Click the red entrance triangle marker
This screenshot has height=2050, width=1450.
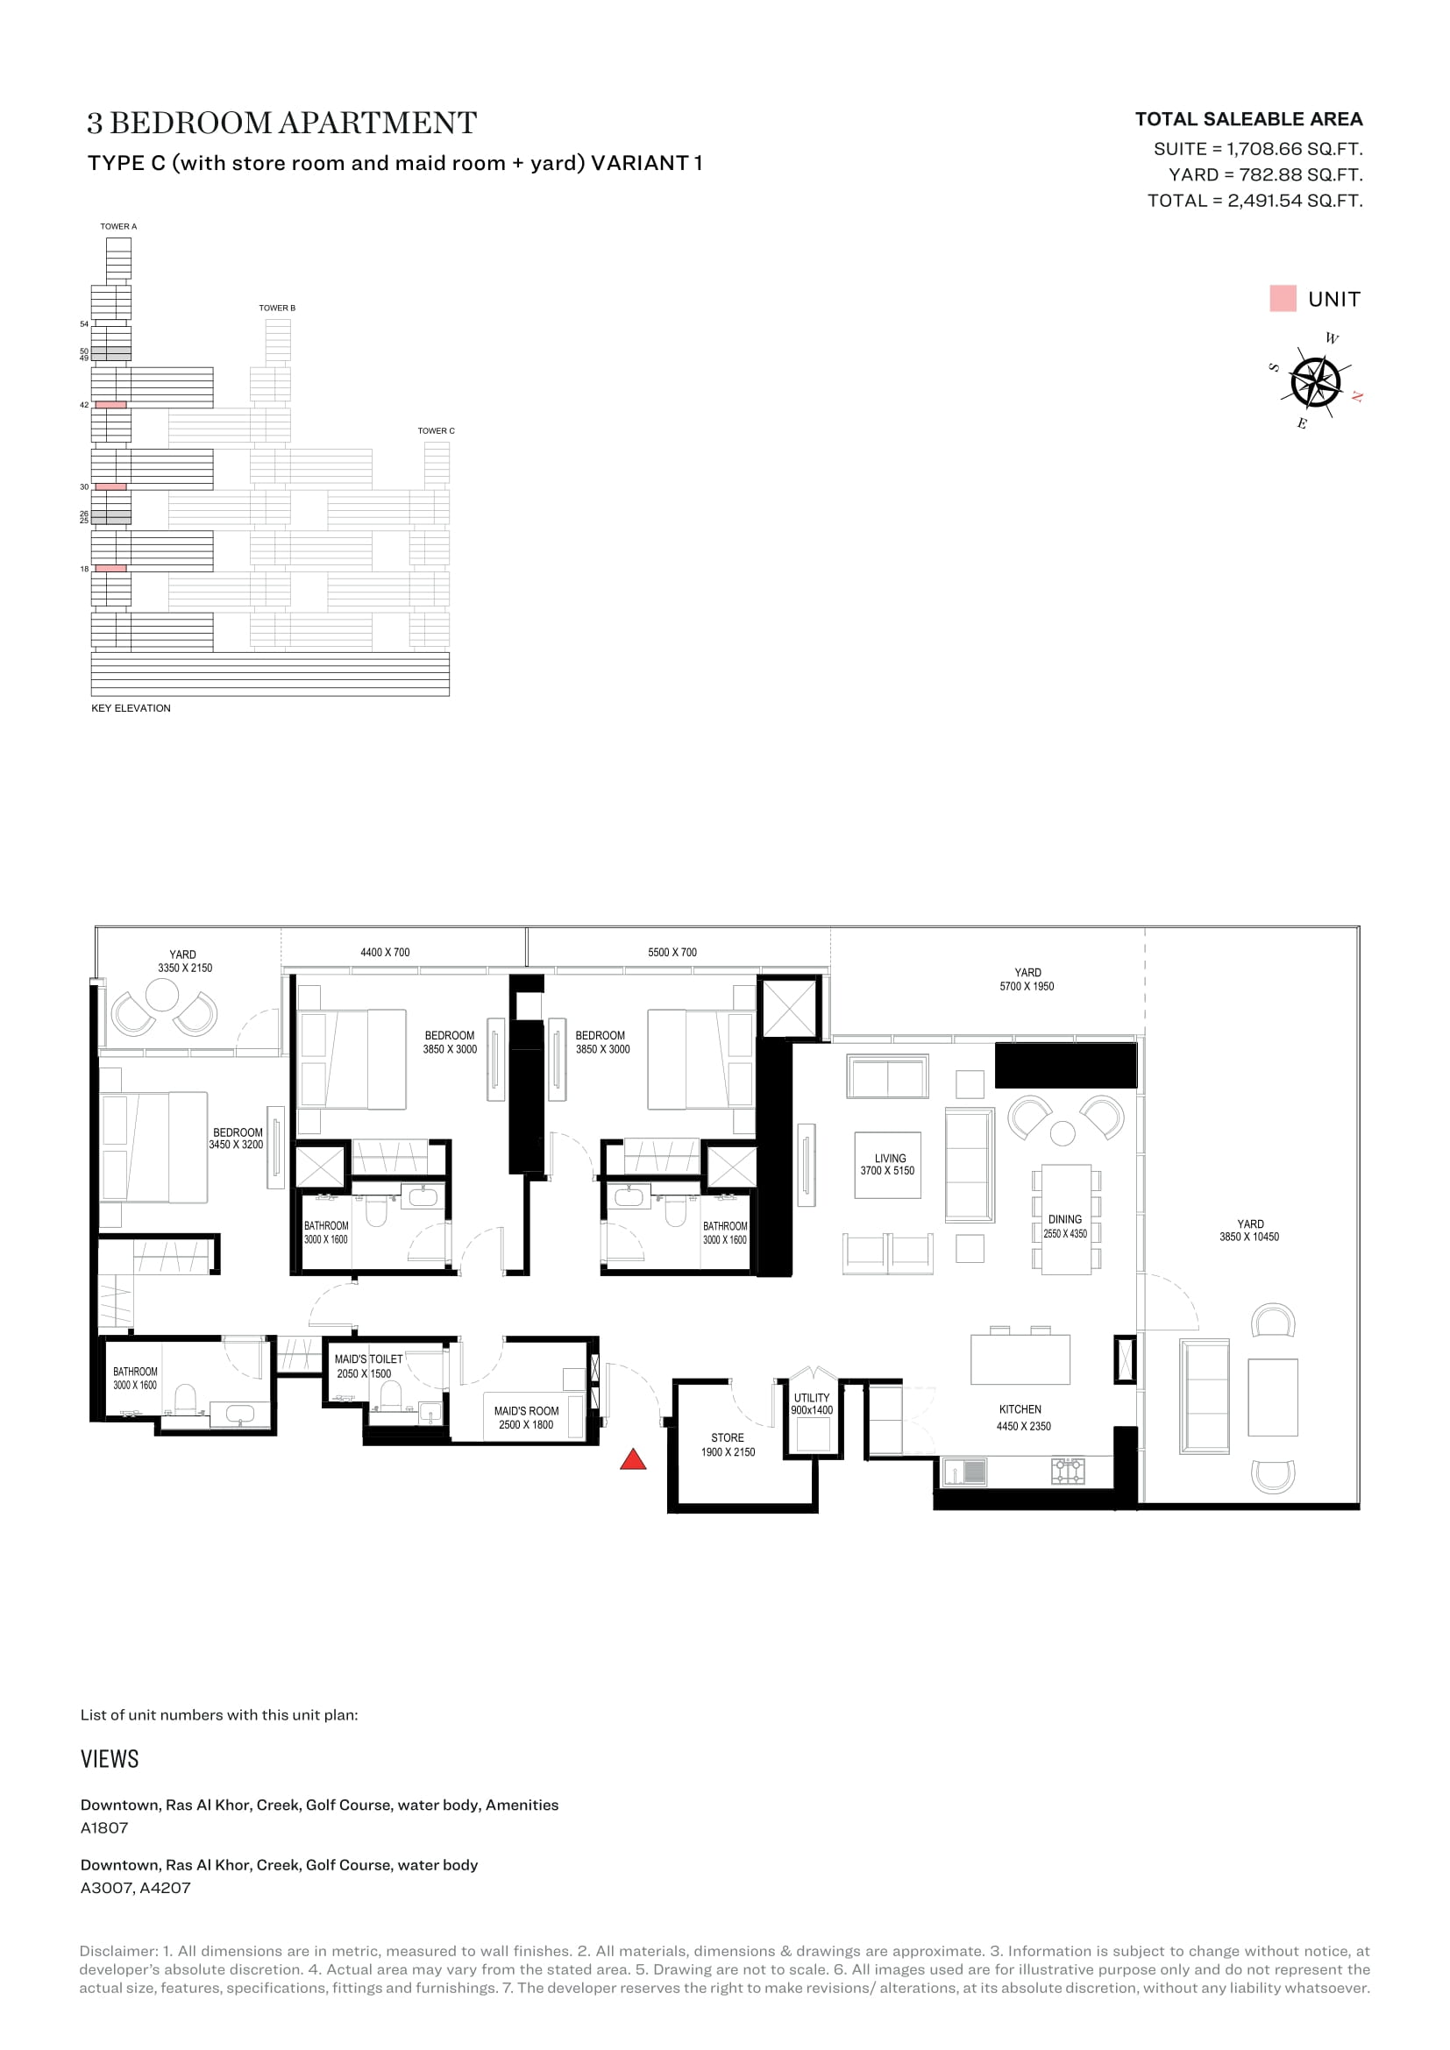(633, 1459)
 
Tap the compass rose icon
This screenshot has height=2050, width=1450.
(1316, 382)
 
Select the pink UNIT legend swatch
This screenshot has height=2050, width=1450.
(1283, 298)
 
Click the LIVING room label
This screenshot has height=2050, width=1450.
(890, 1158)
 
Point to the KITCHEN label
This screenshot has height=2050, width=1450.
(1020, 1409)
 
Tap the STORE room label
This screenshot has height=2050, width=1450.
(728, 1437)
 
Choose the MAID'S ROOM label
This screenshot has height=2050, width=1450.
(527, 1411)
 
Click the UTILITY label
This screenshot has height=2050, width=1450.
(812, 1397)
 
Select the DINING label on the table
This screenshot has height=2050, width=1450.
(1065, 1219)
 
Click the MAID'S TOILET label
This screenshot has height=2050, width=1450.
(369, 1359)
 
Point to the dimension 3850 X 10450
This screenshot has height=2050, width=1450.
(1249, 1237)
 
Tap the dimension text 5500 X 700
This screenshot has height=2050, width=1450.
(672, 953)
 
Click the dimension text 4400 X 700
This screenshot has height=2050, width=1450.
(385, 953)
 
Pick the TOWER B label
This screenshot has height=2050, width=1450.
(277, 308)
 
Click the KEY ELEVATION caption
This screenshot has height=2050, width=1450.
(131, 708)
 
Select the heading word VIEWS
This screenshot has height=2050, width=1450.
(110, 1759)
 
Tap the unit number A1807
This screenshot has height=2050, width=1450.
(104, 1827)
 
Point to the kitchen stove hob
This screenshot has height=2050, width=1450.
(1068, 1471)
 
